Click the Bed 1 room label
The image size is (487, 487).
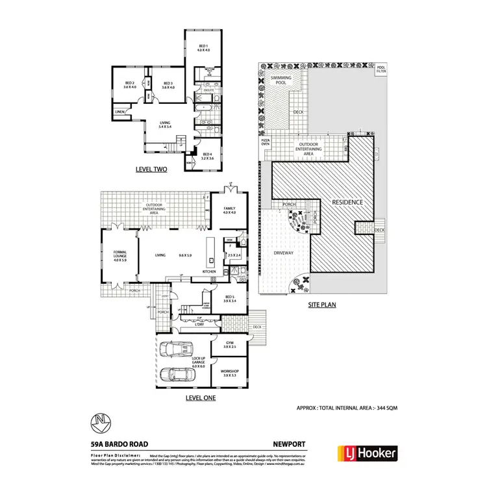click(203, 47)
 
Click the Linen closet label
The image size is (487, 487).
click(120, 112)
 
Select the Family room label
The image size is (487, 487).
click(229, 211)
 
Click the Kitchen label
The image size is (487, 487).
click(209, 271)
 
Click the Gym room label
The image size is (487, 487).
click(230, 344)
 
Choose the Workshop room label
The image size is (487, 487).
click(231, 372)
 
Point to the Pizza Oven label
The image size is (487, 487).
click(265, 142)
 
